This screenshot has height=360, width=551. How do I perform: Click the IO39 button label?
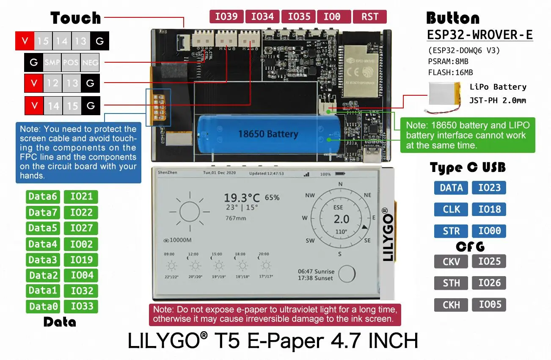(226, 17)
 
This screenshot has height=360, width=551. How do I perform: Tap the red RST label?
(369, 17)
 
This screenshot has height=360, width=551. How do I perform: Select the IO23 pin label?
(489, 188)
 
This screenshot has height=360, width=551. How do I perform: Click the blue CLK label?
(451, 209)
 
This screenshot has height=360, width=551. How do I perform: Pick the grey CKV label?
(451, 261)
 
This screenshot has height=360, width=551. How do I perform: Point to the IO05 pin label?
(489, 305)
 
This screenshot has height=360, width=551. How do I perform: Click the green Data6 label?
(42, 197)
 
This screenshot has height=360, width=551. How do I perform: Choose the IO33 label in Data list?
(81, 307)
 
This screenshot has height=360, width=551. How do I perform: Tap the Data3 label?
(42, 260)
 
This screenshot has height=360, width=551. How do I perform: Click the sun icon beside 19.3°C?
(190, 210)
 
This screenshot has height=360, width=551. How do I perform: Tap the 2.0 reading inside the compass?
(341, 219)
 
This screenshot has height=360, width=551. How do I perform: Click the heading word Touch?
(76, 18)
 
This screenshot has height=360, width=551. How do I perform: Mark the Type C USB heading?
(468, 168)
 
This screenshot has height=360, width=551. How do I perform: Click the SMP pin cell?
(52, 63)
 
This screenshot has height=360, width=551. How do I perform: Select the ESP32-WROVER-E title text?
(479, 35)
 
